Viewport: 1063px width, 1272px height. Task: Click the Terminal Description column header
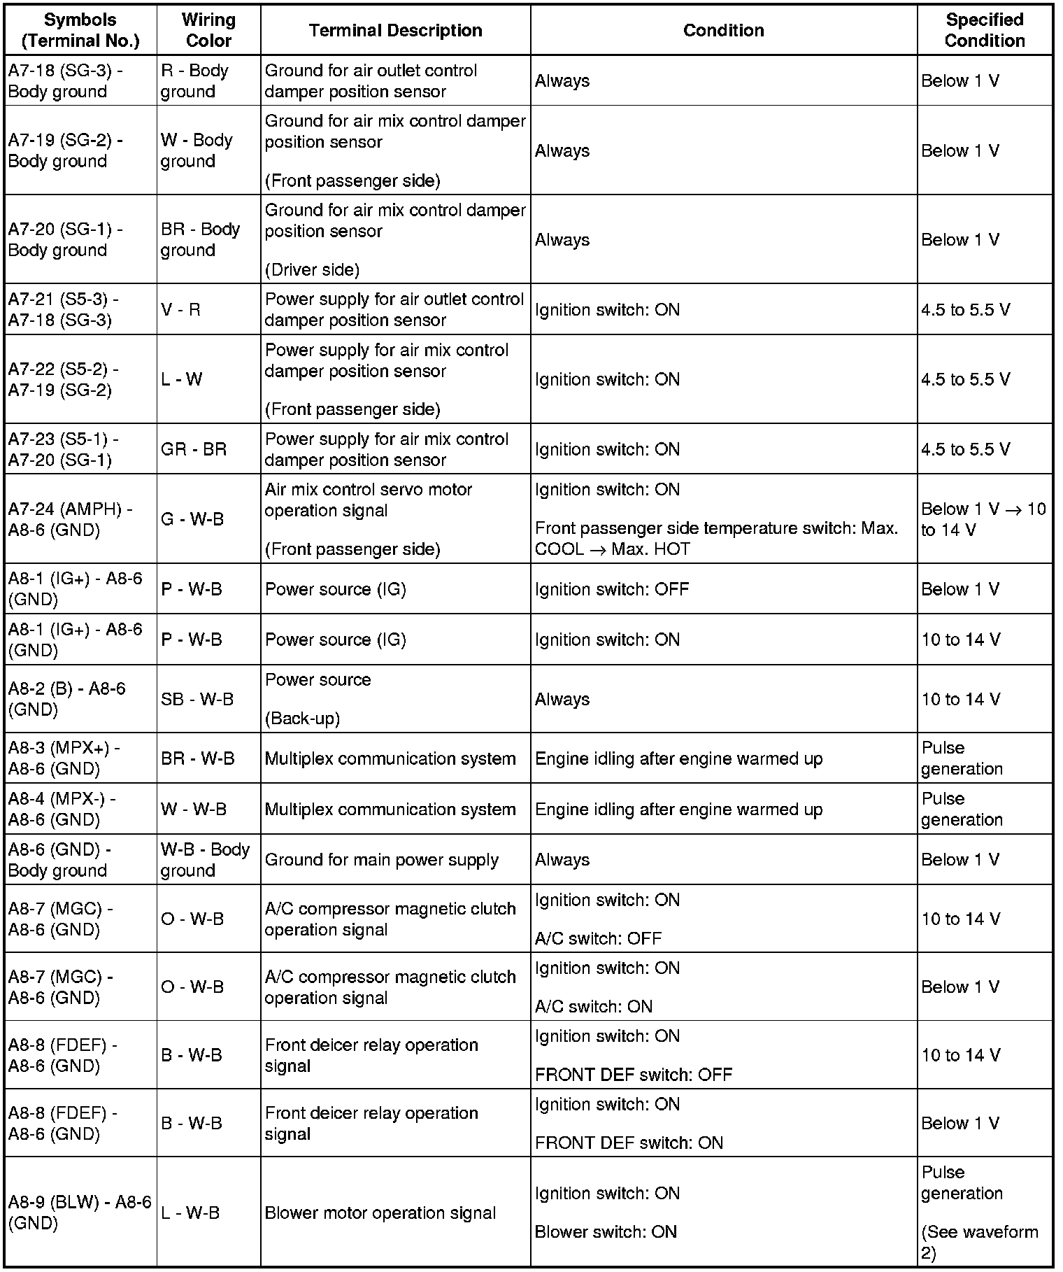(x=395, y=30)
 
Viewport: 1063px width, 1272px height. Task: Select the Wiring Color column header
(x=208, y=30)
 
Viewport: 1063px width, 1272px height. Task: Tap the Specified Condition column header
(x=984, y=30)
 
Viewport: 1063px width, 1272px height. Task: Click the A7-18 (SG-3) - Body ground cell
(x=80, y=81)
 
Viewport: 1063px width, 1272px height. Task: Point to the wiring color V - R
(x=181, y=309)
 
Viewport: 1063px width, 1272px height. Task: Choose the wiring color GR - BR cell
(x=194, y=449)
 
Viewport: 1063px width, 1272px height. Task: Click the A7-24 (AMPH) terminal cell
(x=80, y=519)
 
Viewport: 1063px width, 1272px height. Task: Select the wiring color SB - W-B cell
(x=197, y=699)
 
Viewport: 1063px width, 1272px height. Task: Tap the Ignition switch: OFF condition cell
(x=723, y=589)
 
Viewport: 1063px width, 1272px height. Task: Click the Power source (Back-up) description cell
(x=395, y=699)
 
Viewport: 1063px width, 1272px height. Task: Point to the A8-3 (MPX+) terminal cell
(x=80, y=758)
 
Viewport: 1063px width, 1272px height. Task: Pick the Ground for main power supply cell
(x=395, y=860)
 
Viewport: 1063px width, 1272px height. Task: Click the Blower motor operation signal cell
(x=395, y=1213)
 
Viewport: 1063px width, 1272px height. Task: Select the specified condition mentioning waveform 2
(x=984, y=1213)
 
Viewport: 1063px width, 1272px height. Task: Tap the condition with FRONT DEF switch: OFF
(x=723, y=1055)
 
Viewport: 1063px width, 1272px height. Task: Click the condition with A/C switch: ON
(x=723, y=987)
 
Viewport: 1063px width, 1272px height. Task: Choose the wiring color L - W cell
(x=182, y=379)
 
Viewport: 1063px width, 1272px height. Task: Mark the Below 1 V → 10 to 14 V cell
(x=984, y=519)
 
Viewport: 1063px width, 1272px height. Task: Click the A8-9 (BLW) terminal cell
(x=80, y=1213)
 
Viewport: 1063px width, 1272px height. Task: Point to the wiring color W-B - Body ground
(x=206, y=860)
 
